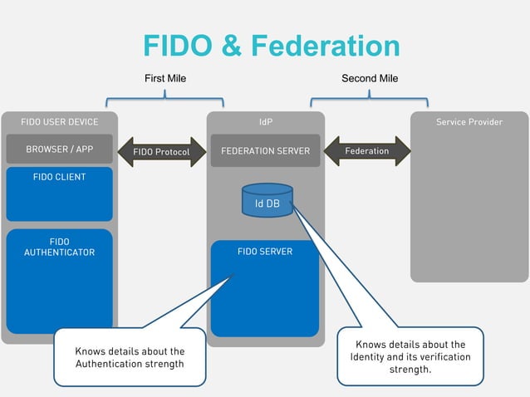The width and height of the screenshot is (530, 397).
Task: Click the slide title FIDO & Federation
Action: click(271, 47)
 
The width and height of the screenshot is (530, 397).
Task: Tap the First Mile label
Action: click(165, 79)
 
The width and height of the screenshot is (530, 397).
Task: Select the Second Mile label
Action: click(370, 79)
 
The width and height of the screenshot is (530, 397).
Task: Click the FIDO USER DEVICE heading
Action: click(59, 122)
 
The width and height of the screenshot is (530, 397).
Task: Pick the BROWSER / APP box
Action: click(59, 150)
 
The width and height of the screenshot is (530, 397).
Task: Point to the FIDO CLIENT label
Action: click(59, 178)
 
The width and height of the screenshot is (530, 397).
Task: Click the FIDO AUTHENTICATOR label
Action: click(59, 248)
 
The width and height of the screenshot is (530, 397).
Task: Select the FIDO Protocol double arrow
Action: click(162, 152)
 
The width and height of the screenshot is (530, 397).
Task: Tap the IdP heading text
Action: click(265, 122)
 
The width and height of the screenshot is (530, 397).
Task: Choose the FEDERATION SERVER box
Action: click(265, 151)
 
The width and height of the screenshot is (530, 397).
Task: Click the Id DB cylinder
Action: click(267, 202)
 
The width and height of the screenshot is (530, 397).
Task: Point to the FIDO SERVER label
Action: click(265, 252)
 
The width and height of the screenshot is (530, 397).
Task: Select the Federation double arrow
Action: click(366, 151)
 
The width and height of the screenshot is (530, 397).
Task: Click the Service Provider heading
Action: click(469, 122)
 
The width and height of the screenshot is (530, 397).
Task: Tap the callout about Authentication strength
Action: click(130, 357)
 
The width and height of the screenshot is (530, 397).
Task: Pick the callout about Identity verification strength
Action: click(410, 356)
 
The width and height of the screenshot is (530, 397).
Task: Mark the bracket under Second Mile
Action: click(370, 97)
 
